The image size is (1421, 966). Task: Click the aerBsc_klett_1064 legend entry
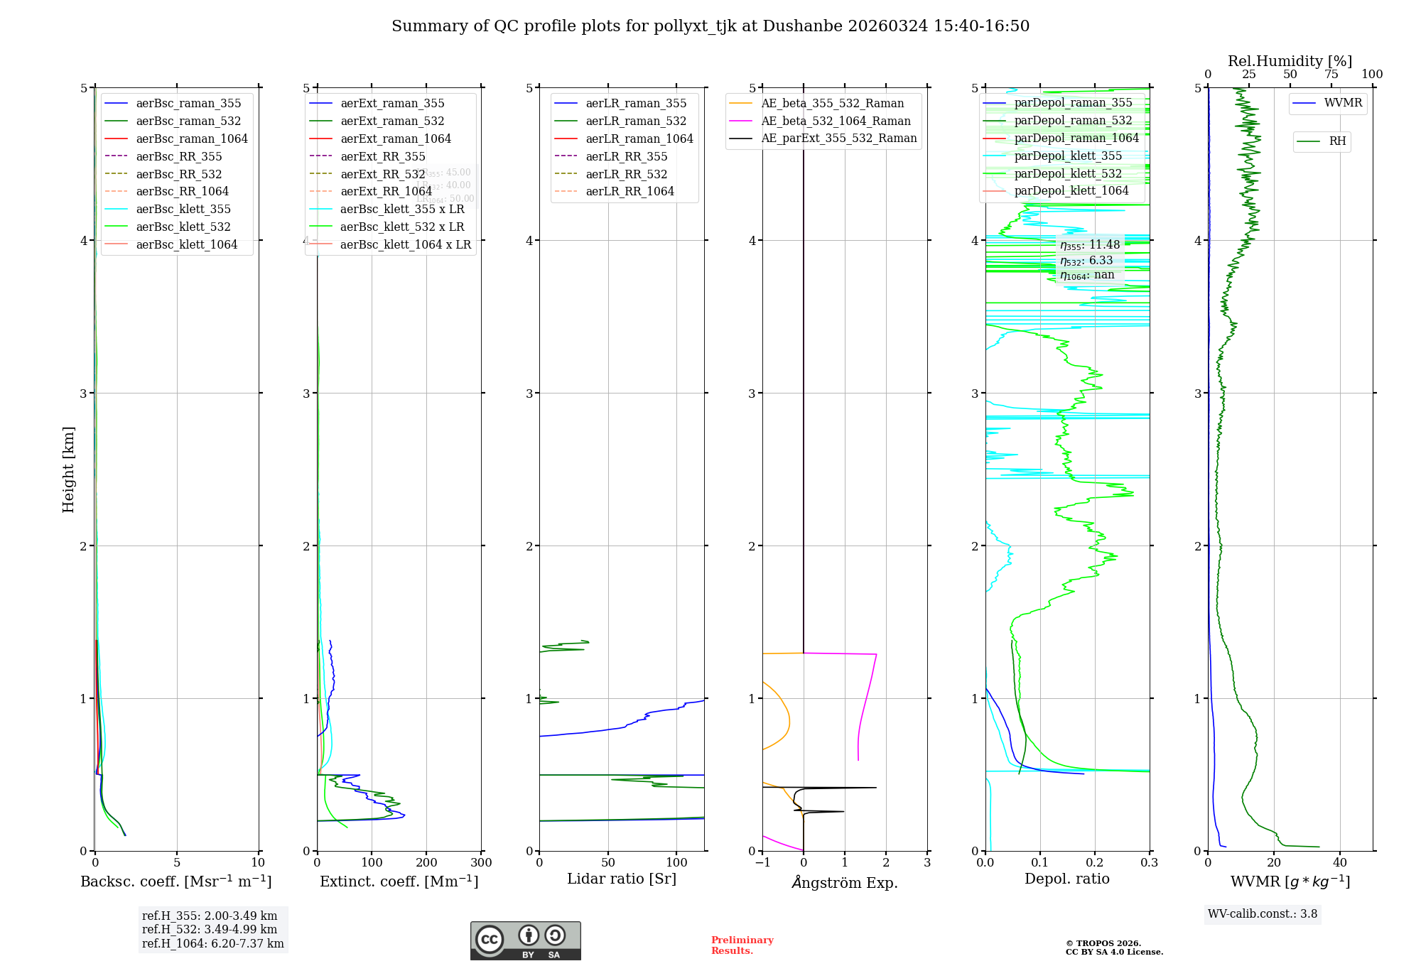[x=186, y=244]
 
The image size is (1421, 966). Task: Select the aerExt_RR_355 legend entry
[x=382, y=156]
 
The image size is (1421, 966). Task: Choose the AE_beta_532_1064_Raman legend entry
[x=836, y=121]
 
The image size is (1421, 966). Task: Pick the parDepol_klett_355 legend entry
[x=1068, y=156]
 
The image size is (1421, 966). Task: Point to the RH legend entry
[x=1337, y=141]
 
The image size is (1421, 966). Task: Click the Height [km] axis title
[x=68, y=470]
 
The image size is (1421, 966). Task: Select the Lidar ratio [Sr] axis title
[x=622, y=879]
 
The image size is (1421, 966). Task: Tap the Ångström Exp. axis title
[x=845, y=882]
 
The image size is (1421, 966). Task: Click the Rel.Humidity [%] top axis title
[x=1290, y=61]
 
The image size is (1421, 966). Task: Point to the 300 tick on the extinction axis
[x=481, y=863]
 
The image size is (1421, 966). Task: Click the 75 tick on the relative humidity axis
[x=1331, y=75]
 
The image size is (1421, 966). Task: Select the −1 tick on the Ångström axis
[x=762, y=863]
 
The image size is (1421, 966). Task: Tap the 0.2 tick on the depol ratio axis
[x=1095, y=863]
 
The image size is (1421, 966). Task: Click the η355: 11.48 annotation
[x=1090, y=245]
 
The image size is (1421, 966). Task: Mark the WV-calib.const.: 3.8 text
[x=1263, y=914]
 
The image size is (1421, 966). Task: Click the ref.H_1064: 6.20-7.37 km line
[x=212, y=944]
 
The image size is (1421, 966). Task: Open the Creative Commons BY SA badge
[x=525, y=941]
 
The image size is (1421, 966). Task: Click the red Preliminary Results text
[x=742, y=945]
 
